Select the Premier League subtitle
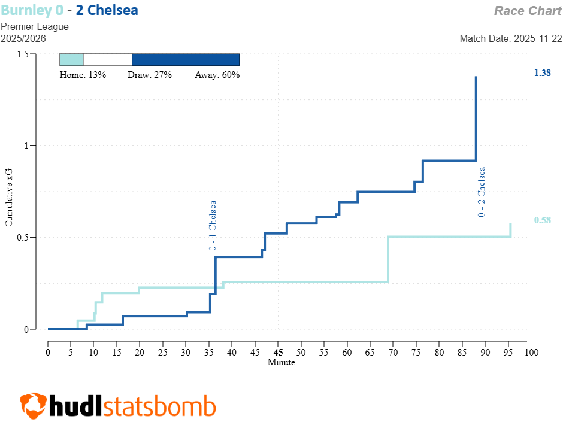pyautogui.click(x=35, y=26)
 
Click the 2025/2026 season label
pyautogui.click(x=23, y=38)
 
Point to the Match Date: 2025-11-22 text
pyautogui.click(x=510, y=38)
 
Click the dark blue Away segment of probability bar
pyautogui.click(x=186, y=59)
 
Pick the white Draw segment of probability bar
pyautogui.click(x=107, y=59)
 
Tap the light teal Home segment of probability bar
pyautogui.click(x=71, y=59)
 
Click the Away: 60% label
pyautogui.click(x=217, y=75)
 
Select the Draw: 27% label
pyautogui.click(x=150, y=75)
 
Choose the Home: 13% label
pyautogui.click(x=83, y=75)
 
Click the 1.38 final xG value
pyautogui.click(x=542, y=73)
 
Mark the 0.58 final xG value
pyautogui.click(x=542, y=220)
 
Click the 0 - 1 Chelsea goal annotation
pyautogui.click(x=213, y=226)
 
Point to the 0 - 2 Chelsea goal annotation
pyautogui.click(x=482, y=192)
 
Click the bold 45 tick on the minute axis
pyautogui.click(x=278, y=353)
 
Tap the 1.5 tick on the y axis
pyautogui.click(x=23, y=54)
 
